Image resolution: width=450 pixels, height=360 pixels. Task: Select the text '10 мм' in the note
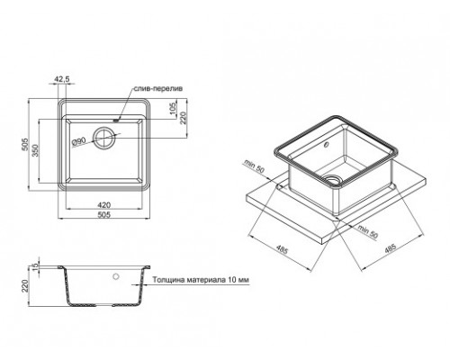236,278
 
